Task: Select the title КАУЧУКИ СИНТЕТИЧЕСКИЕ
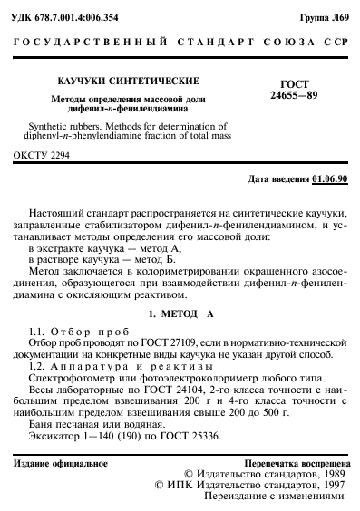[104, 81]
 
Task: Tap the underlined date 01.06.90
[330, 180]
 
